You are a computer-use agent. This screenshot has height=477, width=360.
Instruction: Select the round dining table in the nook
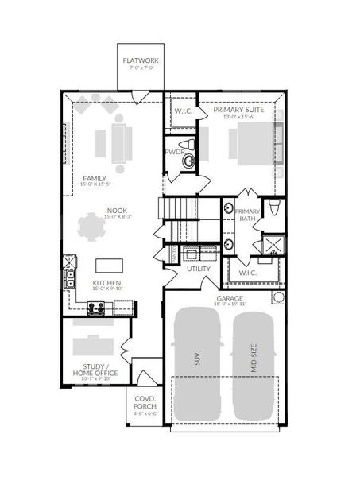click(x=91, y=230)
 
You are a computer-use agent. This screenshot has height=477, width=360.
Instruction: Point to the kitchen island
click(x=108, y=265)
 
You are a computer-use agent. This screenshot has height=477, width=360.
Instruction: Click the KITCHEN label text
click(x=106, y=282)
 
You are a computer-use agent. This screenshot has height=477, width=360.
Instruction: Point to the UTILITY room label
click(x=199, y=269)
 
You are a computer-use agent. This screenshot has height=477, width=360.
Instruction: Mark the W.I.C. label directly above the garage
click(x=247, y=273)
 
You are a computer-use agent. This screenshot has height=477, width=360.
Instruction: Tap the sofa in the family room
click(x=119, y=138)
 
